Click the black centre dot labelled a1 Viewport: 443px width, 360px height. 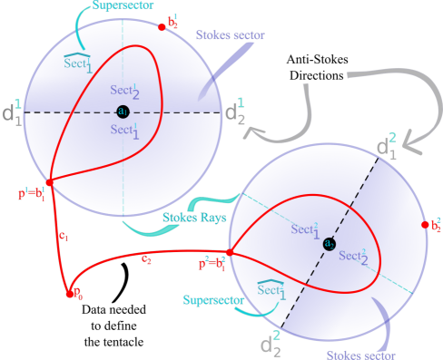(123, 112)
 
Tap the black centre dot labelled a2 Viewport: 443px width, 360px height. (329, 244)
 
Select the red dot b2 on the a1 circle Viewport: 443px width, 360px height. (162, 26)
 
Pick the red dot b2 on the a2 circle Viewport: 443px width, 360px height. (424, 225)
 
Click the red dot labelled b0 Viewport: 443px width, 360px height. (68, 292)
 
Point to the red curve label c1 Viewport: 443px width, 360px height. (63, 236)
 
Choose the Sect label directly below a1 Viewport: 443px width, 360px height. (125, 131)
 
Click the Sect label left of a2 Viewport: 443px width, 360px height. (304, 229)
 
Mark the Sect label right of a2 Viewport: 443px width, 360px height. (353, 257)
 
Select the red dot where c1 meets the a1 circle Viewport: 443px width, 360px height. (49, 182)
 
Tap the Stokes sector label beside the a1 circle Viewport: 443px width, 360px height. (230, 35)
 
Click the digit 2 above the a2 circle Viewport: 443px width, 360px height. (392, 138)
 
